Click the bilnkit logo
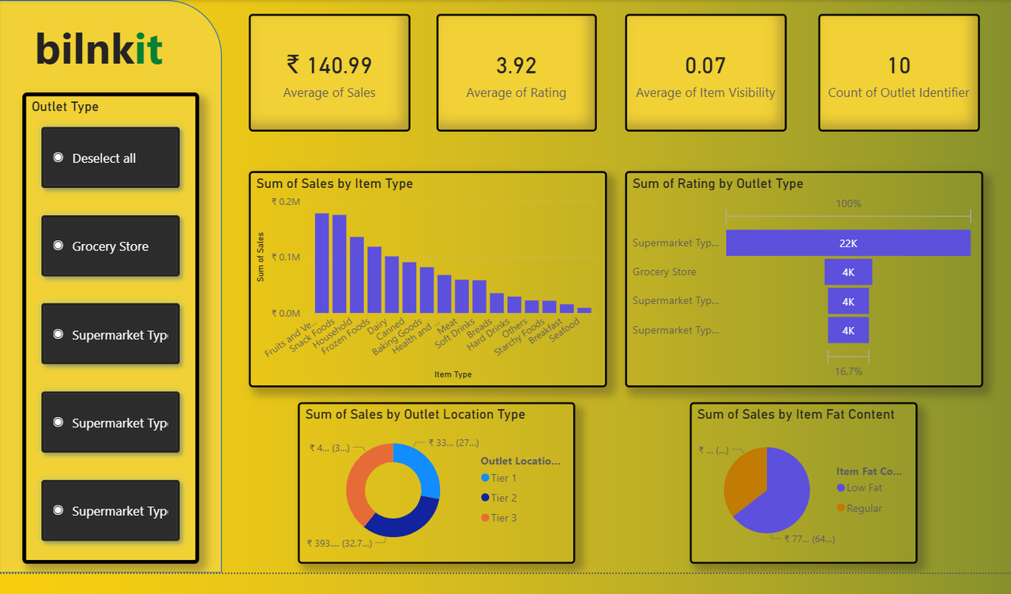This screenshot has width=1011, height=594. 100,49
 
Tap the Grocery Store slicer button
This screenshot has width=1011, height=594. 111,246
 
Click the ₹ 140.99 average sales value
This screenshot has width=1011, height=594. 329,66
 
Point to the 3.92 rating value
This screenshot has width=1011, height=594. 516,66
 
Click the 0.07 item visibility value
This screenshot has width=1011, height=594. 705,66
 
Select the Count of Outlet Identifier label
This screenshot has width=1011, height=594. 899,92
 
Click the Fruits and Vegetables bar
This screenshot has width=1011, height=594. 322,263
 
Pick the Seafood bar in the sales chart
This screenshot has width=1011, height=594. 584,310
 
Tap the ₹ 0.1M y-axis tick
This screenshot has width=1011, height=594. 286,258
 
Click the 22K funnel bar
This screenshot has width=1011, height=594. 848,243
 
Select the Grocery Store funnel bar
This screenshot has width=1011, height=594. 848,272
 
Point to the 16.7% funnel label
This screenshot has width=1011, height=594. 848,371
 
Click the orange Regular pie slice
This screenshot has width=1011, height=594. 742,478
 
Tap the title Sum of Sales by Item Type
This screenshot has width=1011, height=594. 334,183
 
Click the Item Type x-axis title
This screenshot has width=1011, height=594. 453,374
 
